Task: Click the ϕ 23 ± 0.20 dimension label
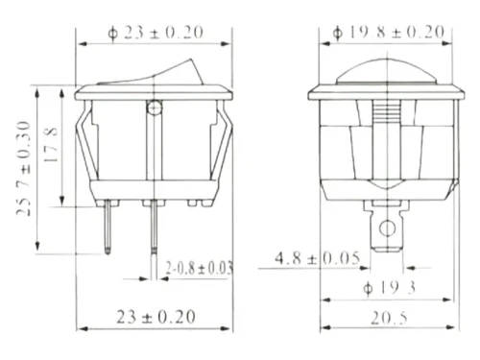(156, 33)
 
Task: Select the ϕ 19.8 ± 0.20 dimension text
(389, 32)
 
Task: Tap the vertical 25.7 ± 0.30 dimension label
(24, 168)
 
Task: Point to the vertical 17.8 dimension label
(51, 144)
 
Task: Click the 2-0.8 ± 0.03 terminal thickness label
(199, 268)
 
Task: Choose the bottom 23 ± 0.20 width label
(156, 317)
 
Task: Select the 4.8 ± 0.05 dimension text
(318, 258)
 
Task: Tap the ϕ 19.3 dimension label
(389, 288)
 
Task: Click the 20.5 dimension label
(389, 318)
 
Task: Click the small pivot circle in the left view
(155, 108)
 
